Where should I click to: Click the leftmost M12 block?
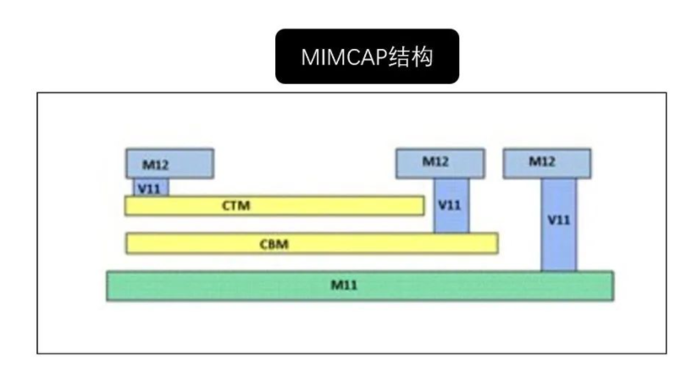click(x=169, y=163)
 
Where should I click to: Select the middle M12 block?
click(x=440, y=163)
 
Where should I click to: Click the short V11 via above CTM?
click(x=150, y=187)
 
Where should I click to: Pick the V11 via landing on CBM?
click(x=451, y=205)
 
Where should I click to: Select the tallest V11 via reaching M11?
click(x=559, y=224)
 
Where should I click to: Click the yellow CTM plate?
click(x=274, y=206)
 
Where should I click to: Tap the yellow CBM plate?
click(x=311, y=243)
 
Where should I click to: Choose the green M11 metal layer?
click(x=359, y=285)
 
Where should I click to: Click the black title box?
click(x=367, y=57)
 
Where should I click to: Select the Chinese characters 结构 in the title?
click(x=412, y=57)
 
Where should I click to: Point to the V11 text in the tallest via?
click(x=559, y=219)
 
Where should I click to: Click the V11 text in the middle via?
click(x=451, y=205)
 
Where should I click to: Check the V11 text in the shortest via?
click(x=150, y=187)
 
